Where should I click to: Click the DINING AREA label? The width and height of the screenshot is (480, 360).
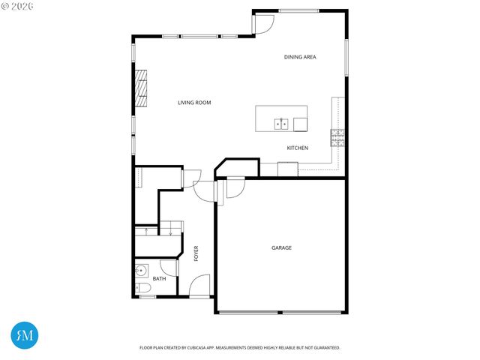299,57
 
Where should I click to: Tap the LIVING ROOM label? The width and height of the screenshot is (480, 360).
194,102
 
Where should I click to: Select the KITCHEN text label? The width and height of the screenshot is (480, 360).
298,148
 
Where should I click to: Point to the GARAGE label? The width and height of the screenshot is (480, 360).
281,247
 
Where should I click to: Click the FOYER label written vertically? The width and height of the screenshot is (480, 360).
196,253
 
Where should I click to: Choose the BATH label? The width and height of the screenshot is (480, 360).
159,279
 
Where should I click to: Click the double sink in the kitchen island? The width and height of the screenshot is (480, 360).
282,122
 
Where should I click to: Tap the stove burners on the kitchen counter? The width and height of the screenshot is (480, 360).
337,136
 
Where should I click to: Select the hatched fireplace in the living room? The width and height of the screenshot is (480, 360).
140,88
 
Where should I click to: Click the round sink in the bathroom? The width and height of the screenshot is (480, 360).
140,271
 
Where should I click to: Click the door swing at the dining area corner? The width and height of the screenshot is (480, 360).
263,25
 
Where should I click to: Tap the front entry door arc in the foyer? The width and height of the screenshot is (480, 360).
200,286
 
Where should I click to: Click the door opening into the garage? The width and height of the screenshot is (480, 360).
232,187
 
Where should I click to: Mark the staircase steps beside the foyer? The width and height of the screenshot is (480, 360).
160,229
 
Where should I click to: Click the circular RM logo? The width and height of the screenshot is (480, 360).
25,335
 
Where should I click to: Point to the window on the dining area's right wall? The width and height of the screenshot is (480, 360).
346,56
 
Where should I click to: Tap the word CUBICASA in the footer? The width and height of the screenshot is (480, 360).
205,348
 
